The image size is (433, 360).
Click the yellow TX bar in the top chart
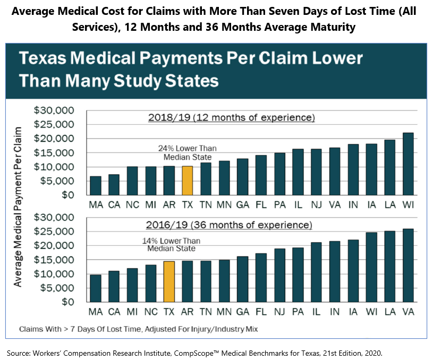187,181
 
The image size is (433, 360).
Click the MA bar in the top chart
96,185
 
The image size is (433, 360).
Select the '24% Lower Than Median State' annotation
187,152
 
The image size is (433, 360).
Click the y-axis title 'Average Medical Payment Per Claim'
18,207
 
